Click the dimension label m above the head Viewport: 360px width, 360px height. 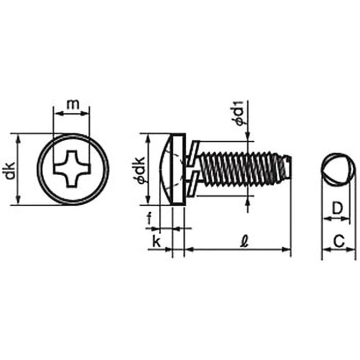pos(73,104)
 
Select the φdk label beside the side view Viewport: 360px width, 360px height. pos(140,170)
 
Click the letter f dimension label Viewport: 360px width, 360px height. pos(149,218)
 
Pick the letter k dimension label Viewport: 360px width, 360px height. pos(157,242)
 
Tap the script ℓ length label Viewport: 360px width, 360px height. pos(245,242)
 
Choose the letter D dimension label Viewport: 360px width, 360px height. pos(337,208)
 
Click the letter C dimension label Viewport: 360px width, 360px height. pos(339,242)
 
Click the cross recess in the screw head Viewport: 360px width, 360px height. pos(72,169)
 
